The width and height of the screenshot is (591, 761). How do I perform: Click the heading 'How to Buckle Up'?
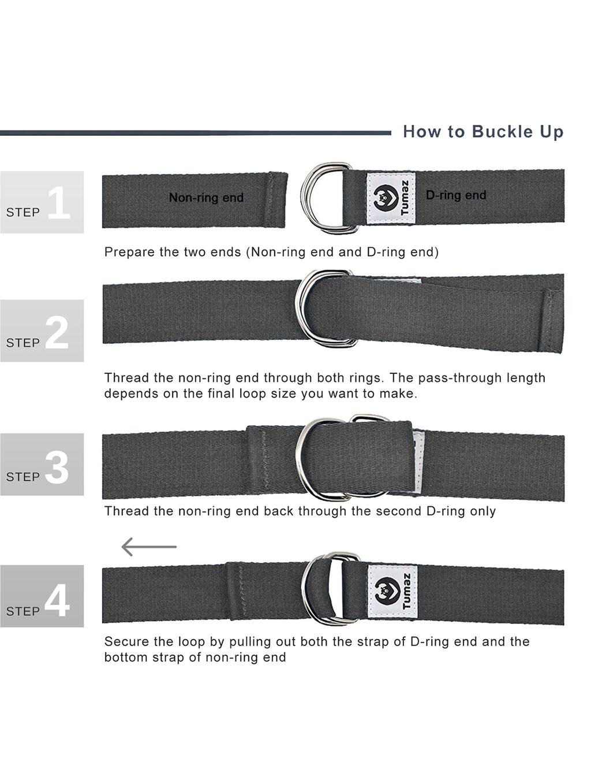482,132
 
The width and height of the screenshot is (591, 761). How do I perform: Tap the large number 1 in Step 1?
58,203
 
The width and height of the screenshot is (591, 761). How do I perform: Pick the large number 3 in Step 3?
57,467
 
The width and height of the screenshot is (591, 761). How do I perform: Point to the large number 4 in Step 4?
57,600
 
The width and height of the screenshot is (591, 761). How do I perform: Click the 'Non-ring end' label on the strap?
206,198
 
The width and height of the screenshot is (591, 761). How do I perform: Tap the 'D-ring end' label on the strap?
456,195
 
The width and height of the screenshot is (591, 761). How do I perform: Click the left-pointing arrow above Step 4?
149,546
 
